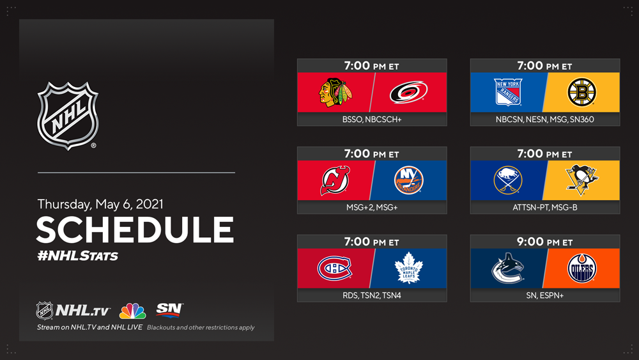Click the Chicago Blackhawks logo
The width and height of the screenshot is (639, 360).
[335, 93]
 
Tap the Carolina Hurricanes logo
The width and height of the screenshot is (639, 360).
[408, 93]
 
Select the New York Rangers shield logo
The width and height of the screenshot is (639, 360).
[508, 92]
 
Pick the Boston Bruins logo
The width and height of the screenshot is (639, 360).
[582, 93]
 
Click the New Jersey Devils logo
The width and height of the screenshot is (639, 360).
[335, 180]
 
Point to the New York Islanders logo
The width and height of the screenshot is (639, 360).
[409, 180]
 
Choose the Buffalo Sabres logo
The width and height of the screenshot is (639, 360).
[508, 180]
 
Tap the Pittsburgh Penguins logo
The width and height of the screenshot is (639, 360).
[582, 180]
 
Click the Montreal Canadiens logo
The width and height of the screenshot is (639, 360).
[335, 269]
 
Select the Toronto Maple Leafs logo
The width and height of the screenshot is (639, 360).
[409, 269]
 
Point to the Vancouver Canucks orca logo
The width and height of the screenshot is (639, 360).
[508, 269]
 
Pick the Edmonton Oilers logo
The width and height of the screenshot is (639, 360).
[582, 269]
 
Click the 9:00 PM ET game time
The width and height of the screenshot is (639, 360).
[545, 242]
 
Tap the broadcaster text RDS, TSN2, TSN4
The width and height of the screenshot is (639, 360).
[372, 295]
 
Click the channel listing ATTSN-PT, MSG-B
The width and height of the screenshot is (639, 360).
[545, 207]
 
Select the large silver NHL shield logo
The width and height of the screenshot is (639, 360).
[68, 116]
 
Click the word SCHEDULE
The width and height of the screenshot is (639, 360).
[135, 230]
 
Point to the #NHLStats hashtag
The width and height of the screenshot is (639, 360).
[77, 256]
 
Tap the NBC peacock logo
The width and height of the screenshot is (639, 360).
[132, 311]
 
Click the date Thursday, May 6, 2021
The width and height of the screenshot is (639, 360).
[100, 204]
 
